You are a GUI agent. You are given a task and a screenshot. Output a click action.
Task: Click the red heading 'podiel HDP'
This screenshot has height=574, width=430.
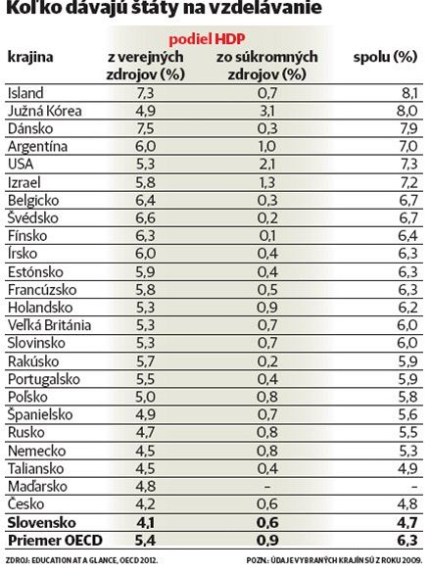click(207, 39)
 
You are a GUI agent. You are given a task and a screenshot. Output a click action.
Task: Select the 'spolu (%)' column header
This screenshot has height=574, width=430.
click(385, 57)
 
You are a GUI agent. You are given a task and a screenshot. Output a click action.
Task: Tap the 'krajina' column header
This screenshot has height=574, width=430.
click(30, 57)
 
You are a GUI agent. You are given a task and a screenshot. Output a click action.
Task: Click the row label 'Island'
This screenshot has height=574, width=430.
click(25, 93)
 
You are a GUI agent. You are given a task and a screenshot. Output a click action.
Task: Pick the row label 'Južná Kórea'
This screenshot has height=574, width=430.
click(45, 111)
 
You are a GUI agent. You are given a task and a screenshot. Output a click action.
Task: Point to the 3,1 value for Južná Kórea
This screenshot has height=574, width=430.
click(267, 111)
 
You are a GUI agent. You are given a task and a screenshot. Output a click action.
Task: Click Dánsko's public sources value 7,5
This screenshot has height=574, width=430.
click(145, 129)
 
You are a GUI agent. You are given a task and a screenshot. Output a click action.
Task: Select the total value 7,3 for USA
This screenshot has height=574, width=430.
click(407, 164)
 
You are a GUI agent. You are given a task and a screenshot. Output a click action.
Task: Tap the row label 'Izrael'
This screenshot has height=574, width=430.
click(24, 182)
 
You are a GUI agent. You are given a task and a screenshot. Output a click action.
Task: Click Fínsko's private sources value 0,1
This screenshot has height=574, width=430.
click(267, 236)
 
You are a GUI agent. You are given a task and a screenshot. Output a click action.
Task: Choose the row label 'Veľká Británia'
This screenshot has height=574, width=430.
click(49, 325)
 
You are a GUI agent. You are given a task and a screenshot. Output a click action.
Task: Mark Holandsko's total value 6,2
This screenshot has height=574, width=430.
click(407, 308)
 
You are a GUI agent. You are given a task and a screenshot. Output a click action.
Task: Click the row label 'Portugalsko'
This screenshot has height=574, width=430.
click(44, 379)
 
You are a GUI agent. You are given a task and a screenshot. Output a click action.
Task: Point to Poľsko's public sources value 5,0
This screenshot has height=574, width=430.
click(146, 397)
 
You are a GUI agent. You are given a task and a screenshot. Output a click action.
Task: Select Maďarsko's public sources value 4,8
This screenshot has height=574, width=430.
click(146, 487)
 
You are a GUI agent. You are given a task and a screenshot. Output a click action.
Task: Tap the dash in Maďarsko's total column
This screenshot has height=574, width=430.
click(414, 487)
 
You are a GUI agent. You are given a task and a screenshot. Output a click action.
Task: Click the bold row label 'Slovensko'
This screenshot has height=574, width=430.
click(42, 522)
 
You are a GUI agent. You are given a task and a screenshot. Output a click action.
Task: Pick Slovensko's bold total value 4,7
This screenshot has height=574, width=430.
click(406, 522)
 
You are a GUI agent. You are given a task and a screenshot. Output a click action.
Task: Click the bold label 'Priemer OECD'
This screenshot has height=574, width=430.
click(55, 541)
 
